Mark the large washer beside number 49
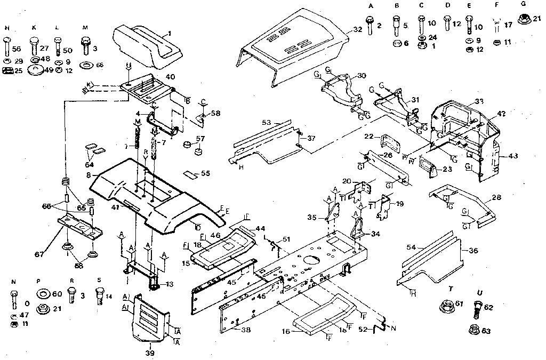[x=36, y=69]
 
